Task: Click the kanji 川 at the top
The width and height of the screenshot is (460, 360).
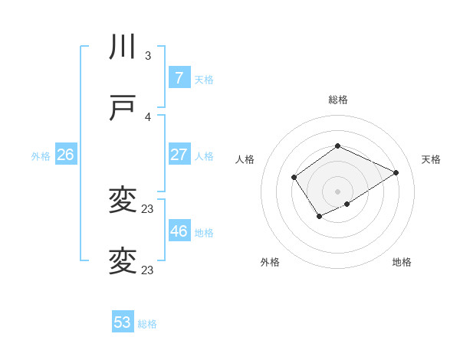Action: pyautogui.click(x=123, y=47)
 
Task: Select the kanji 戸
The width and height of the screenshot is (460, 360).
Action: pyautogui.click(x=123, y=109)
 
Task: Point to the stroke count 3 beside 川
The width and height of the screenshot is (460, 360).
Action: pyautogui.click(x=148, y=56)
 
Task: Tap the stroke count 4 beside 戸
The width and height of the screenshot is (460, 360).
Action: pyautogui.click(x=148, y=116)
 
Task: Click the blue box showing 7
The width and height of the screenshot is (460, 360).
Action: pyautogui.click(x=179, y=78)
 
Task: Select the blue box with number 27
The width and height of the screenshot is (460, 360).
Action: pyautogui.click(x=179, y=155)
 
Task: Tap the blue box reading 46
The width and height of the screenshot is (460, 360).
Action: pyautogui.click(x=179, y=231)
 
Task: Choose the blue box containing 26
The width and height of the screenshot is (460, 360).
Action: pyautogui.click(x=65, y=155)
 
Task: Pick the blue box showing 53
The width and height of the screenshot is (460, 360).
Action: pyautogui.click(x=123, y=322)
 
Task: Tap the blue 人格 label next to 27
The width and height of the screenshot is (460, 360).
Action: pyautogui.click(x=204, y=156)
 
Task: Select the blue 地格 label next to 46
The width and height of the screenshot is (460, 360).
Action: pyautogui.click(x=204, y=233)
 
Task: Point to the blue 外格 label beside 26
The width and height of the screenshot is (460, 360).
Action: pyautogui.click(x=41, y=156)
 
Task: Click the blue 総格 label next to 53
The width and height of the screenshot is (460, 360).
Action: pyautogui.click(x=147, y=324)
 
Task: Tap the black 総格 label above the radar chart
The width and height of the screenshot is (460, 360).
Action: pyautogui.click(x=337, y=100)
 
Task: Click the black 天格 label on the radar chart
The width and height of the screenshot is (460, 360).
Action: pyautogui.click(x=431, y=159)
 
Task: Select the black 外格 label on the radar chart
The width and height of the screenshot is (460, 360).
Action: pyautogui.click(x=270, y=262)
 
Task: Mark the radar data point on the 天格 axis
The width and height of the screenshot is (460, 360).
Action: pyautogui.click(x=396, y=172)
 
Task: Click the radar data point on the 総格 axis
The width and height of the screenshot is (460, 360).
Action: pyautogui.click(x=337, y=146)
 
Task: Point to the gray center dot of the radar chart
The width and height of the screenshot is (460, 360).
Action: pyautogui.click(x=337, y=191)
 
